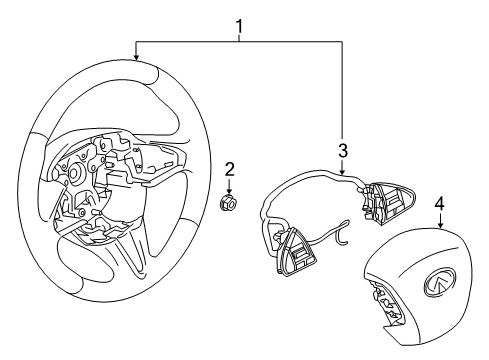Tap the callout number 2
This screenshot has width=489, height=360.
(x=228, y=169)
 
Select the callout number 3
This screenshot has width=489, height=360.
(x=342, y=152)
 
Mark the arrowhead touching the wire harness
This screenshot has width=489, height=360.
(x=342, y=173)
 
